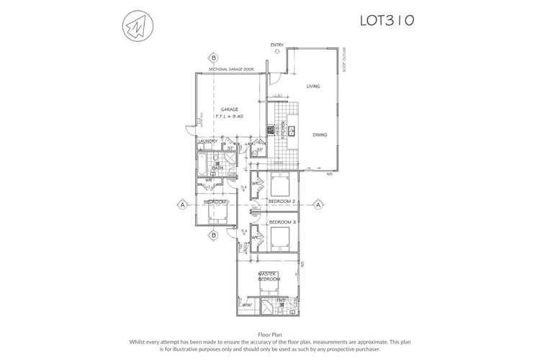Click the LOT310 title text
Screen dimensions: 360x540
[387, 20]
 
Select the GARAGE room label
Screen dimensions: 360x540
[229, 109]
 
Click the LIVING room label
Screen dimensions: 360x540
[312, 86]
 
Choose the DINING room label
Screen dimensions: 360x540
[320, 135]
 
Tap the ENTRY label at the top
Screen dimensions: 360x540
[277, 45]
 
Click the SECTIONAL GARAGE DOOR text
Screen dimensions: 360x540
[231, 69]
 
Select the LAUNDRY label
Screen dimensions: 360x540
[208, 141]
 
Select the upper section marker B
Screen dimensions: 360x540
[214, 58]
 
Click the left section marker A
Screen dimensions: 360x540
[183, 205]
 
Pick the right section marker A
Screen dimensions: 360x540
[318, 205]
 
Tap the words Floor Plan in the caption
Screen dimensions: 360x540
[270, 334]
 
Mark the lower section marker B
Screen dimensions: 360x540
[214, 235]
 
